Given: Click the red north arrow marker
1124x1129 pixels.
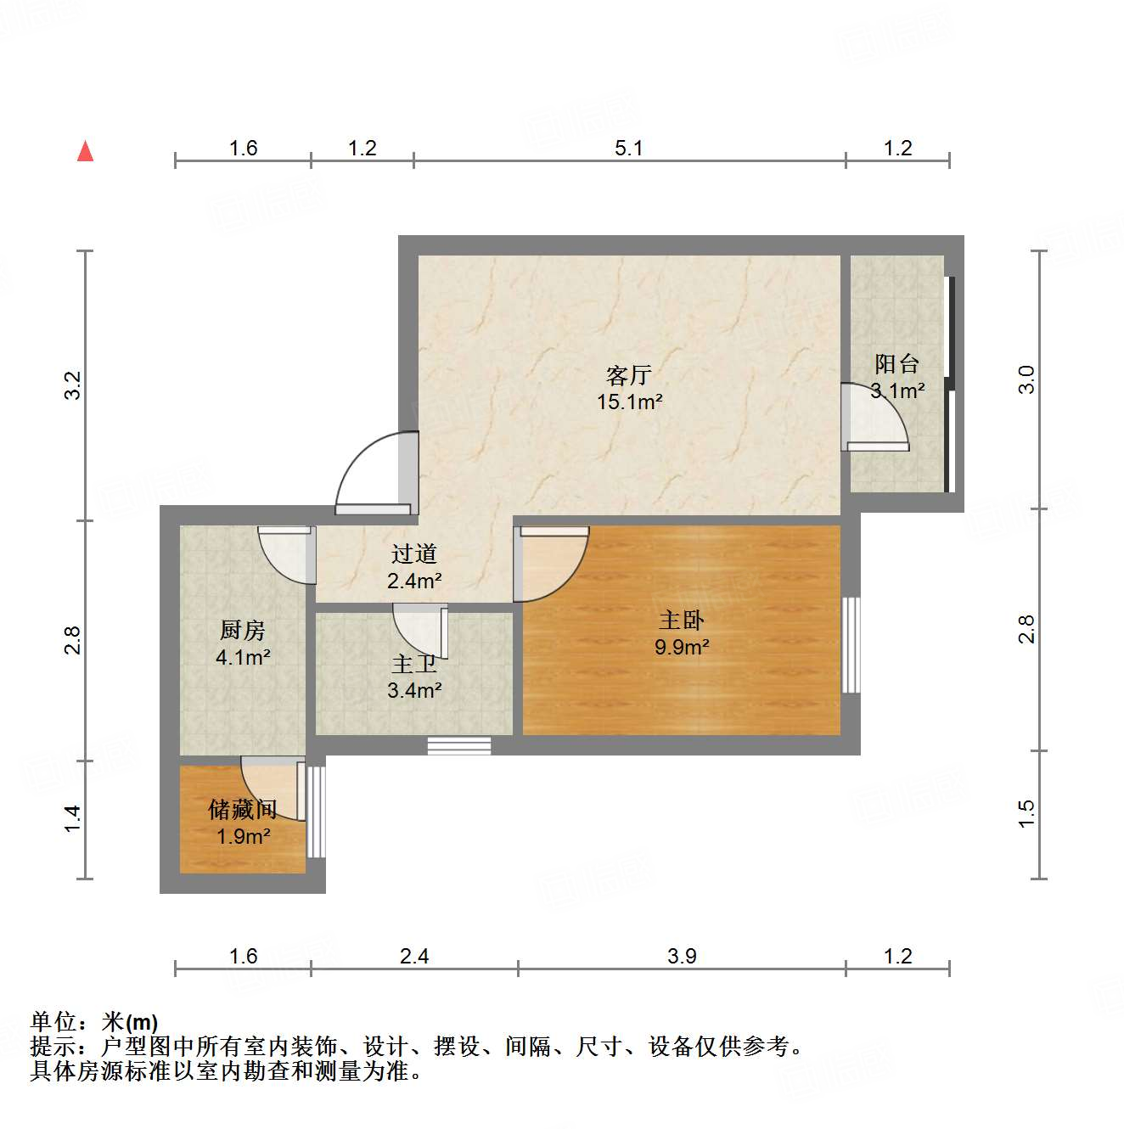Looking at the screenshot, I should point(85,151).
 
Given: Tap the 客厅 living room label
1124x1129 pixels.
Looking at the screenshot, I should point(629,374).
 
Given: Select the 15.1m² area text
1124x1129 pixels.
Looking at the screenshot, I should point(629,402).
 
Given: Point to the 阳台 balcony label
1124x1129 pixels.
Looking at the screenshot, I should point(897,364).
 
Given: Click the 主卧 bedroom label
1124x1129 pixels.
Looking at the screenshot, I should point(682,620).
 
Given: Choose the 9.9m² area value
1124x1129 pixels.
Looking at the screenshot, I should point(682,647).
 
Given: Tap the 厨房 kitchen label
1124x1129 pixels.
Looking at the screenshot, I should point(243,630).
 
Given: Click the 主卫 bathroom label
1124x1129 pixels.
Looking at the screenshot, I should point(414,664).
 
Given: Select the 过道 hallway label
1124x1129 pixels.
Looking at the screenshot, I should point(414,553).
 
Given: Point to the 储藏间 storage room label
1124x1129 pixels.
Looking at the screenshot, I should point(243,809).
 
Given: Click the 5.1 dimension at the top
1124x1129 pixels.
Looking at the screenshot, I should point(629,149).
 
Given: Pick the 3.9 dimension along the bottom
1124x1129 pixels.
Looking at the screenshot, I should point(682,957).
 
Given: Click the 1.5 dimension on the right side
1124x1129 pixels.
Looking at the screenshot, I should point(1027,813).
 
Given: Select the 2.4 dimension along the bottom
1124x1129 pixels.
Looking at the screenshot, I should point(414,957).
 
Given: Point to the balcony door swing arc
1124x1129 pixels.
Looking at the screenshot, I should point(879,416).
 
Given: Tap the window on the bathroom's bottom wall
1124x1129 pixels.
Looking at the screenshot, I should point(459,746).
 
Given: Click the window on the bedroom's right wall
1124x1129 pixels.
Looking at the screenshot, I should point(851,645).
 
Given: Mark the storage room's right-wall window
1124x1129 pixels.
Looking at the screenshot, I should point(316,812).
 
